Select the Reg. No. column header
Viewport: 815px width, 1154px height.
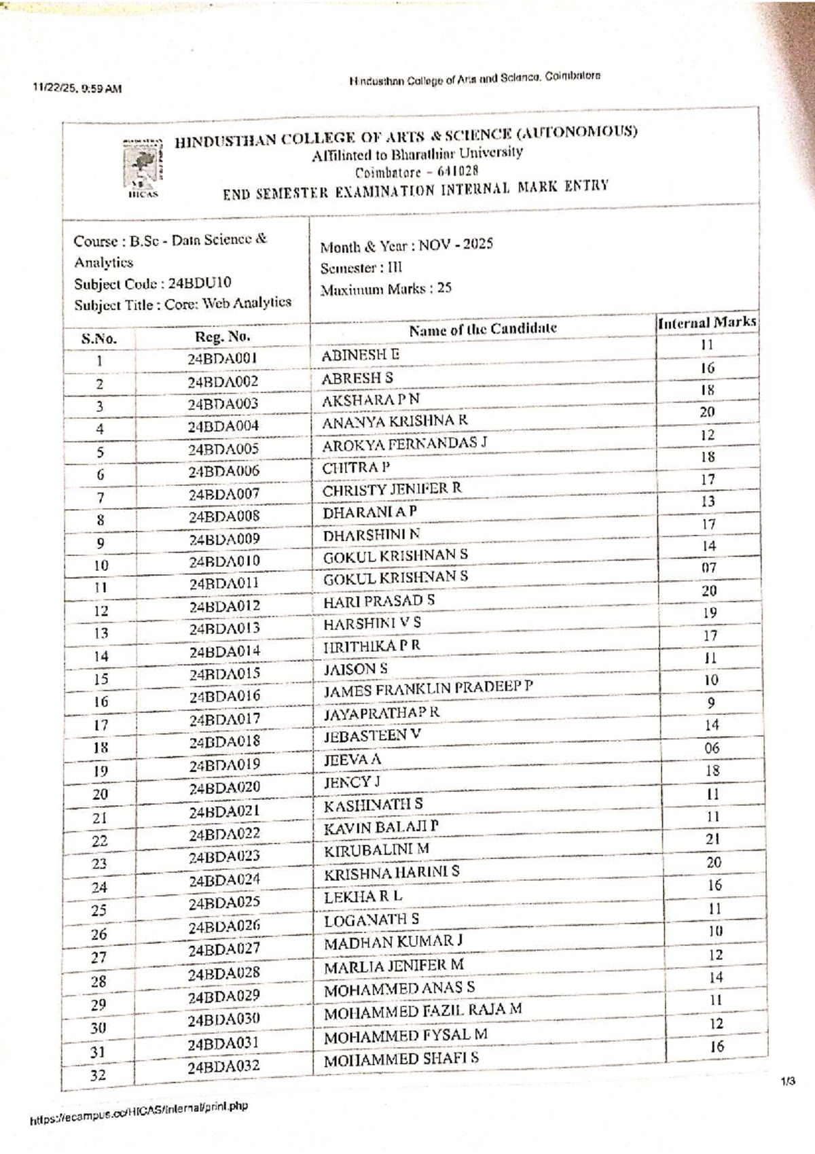222,336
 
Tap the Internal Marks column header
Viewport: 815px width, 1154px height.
706,323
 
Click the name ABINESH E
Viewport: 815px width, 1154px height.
360,355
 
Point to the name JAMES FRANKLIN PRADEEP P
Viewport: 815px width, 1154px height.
428,689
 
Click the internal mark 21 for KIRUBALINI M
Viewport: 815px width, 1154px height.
712,839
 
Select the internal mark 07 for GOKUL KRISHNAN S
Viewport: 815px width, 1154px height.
709,567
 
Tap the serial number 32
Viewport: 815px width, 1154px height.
98,1075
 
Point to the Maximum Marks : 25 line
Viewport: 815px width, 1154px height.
386,289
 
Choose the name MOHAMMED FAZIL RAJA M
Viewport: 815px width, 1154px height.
422,1011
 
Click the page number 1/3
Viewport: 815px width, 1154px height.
788,1081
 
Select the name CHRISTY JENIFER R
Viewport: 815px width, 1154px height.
392,489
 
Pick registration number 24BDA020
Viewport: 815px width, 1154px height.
224,788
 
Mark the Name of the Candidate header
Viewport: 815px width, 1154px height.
482,329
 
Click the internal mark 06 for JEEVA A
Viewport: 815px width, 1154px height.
712,748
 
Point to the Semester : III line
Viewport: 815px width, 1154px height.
361,268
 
